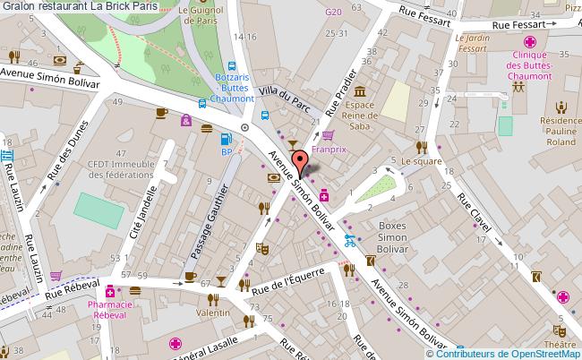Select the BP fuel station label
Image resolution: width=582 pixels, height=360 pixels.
227,152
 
